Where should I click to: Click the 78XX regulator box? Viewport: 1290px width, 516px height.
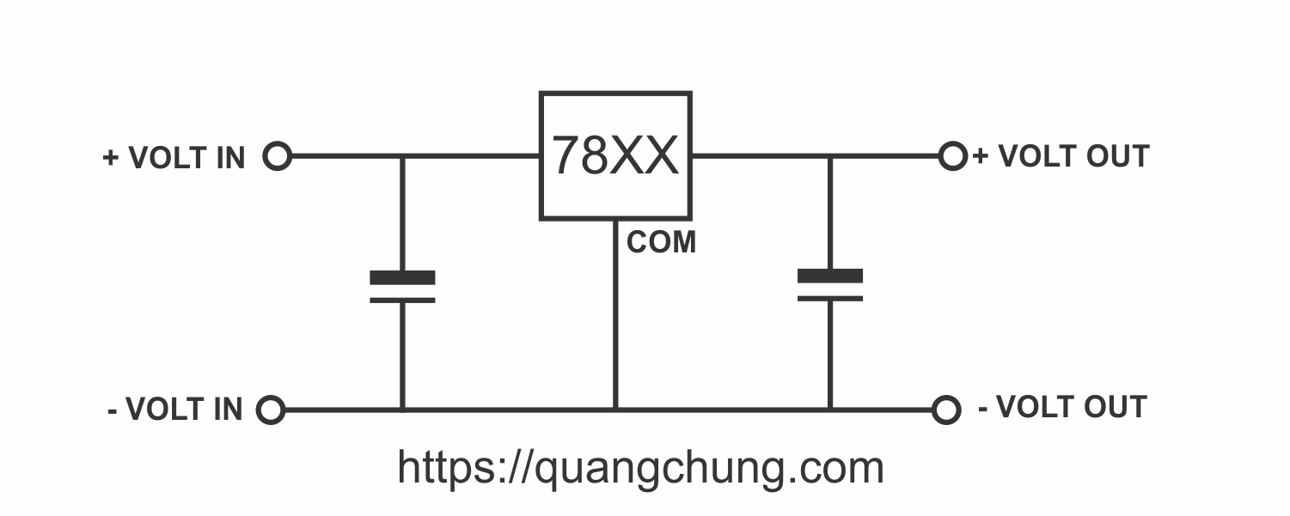coord(615,155)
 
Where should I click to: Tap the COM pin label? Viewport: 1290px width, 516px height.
coord(661,243)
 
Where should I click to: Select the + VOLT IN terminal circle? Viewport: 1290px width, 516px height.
coord(277,156)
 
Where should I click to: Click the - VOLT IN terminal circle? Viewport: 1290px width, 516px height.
coord(271,410)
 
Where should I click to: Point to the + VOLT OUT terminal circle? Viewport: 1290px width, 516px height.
coord(952,156)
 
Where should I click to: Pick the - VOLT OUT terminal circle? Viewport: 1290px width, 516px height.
coord(946,410)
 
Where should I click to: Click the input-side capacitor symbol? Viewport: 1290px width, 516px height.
coord(402,288)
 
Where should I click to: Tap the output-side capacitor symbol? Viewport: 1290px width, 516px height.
coord(830,285)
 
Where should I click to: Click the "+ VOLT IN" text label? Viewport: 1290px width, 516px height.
coord(174,158)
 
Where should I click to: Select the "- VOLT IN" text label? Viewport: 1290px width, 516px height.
coord(175,410)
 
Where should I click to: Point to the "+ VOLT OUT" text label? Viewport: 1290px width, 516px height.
coord(1061,156)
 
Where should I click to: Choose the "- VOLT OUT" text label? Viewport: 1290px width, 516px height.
coord(1062,407)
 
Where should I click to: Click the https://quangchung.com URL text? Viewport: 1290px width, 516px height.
coord(640,467)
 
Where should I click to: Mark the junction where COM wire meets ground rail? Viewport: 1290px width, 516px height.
coord(615,410)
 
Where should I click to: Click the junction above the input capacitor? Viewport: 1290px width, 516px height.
coord(402,156)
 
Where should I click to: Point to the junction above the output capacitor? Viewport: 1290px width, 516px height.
coord(830,156)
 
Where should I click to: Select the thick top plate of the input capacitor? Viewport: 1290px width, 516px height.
coord(402,277)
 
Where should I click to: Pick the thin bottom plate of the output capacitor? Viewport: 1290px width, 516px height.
coord(830,298)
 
